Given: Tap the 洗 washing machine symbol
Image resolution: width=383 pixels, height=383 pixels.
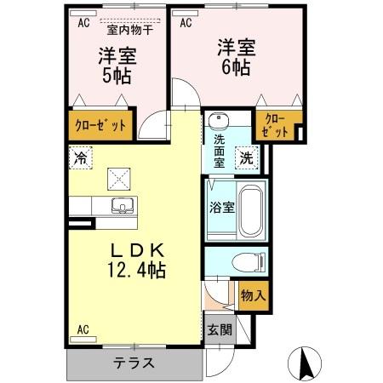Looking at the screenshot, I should click(x=245, y=157).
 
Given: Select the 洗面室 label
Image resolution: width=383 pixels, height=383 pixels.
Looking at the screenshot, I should click(x=219, y=151).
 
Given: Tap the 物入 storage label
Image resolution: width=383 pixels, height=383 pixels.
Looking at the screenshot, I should click(x=253, y=295).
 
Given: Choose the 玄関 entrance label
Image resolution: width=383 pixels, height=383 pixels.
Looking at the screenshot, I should click(x=217, y=329).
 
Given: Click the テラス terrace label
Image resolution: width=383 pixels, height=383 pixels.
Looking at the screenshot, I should click(x=134, y=363).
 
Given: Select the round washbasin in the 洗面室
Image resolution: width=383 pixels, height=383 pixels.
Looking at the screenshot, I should click(x=215, y=120).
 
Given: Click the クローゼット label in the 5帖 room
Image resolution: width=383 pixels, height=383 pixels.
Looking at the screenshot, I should click(x=100, y=126).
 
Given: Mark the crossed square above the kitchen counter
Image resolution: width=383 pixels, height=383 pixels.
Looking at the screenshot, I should click(x=117, y=179).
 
